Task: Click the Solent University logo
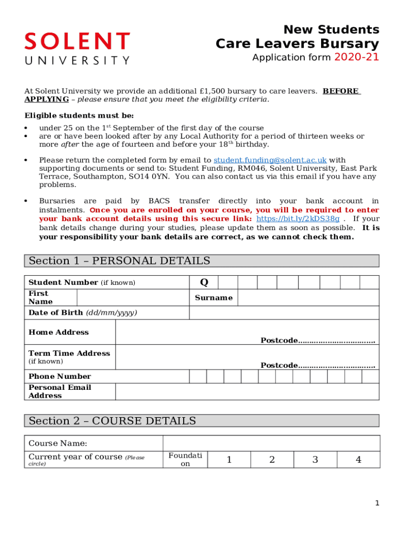[77, 48]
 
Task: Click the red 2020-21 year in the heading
[356, 57]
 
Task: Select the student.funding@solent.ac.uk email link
[270, 160]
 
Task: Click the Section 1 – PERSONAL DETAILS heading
[120, 261]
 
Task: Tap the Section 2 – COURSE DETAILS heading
[112, 421]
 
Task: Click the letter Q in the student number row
[204, 283]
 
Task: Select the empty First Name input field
[133, 298]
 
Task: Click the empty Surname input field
[308, 298]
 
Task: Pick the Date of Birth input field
[283, 313]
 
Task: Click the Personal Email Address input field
[247, 391]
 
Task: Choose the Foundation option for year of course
[185, 460]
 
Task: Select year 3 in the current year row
[315, 460]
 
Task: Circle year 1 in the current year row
[229, 460]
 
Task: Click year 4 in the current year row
[358, 460]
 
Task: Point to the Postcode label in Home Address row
[279, 340]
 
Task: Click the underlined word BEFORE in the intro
[341, 91]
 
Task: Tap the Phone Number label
[60, 376]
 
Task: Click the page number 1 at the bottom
[377, 503]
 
